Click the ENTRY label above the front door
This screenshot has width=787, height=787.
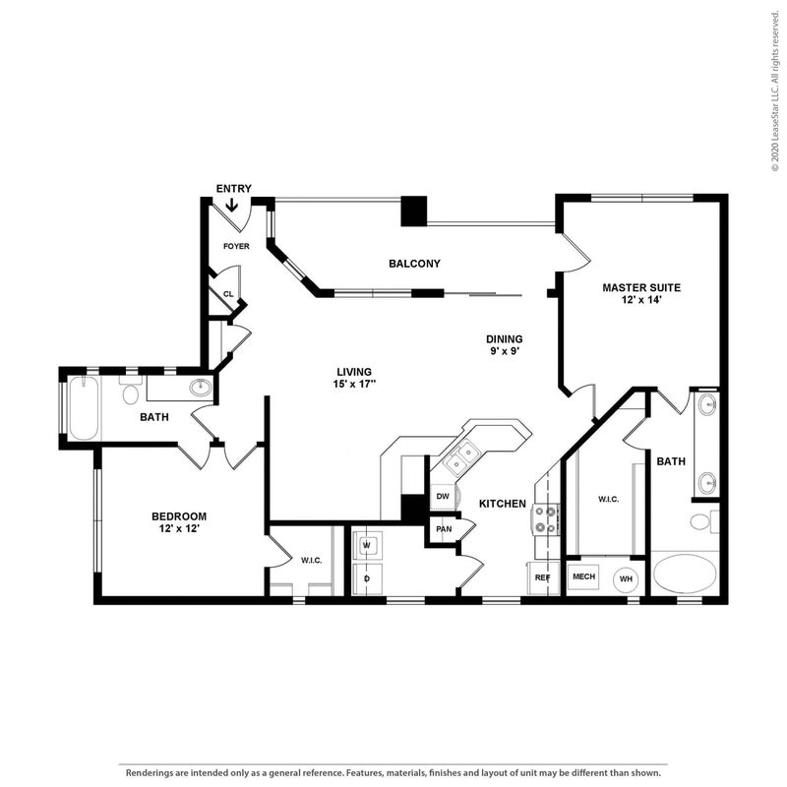pyautogui.click(x=234, y=189)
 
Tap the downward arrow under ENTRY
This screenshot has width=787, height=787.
pyautogui.click(x=232, y=205)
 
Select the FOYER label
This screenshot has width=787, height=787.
pyautogui.click(x=236, y=247)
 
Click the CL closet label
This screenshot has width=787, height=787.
pyautogui.click(x=228, y=294)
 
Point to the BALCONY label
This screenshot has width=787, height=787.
pyautogui.click(x=414, y=264)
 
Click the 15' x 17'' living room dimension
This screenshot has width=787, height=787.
pyautogui.click(x=354, y=384)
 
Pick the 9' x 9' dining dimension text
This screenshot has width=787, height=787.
pyautogui.click(x=505, y=351)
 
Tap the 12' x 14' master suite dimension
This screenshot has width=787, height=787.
pyautogui.click(x=641, y=300)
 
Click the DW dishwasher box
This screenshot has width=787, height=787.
pyautogui.click(x=443, y=497)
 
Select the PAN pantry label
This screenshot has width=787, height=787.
pyautogui.click(x=444, y=529)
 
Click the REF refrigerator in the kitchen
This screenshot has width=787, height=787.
pyautogui.click(x=543, y=577)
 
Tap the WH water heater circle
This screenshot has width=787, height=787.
pyautogui.click(x=626, y=579)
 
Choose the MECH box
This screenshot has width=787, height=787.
pyautogui.click(x=583, y=576)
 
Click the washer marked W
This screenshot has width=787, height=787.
pyautogui.click(x=367, y=545)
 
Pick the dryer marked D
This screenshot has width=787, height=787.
pyautogui.click(x=367, y=578)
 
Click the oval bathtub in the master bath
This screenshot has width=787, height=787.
pyautogui.click(x=685, y=575)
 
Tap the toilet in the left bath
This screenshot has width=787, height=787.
pyautogui.click(x=131, y=391)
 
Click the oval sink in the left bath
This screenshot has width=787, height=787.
pyautogui.click(x=202, y=387)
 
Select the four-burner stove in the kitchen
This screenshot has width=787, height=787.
pyautogui.click(x=546, y=519)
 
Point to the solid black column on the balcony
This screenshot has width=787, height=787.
pyautogui.click(x=414, y=211)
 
